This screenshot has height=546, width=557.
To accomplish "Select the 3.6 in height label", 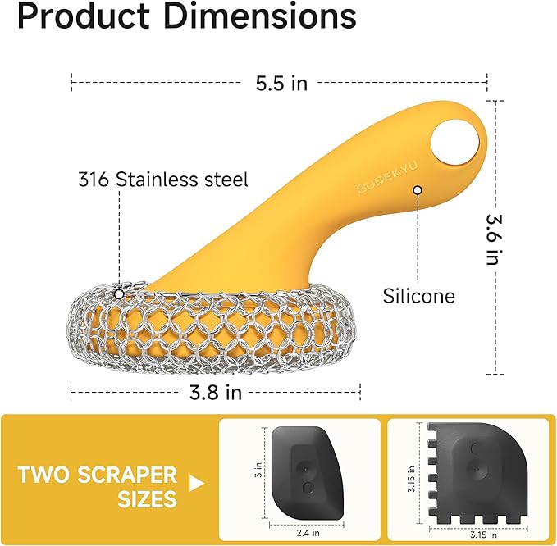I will (492, 239).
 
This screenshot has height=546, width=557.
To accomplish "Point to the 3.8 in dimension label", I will (214, 392).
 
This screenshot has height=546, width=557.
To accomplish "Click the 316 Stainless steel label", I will (162, 178).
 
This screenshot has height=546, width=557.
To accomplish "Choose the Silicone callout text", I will (418, 296).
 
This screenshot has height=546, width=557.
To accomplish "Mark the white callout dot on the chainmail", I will (120, 293).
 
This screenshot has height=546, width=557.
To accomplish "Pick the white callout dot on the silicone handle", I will (418, 190).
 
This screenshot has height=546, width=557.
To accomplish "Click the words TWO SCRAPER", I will (97, 475).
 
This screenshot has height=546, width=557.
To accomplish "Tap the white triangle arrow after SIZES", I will (196, 485).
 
